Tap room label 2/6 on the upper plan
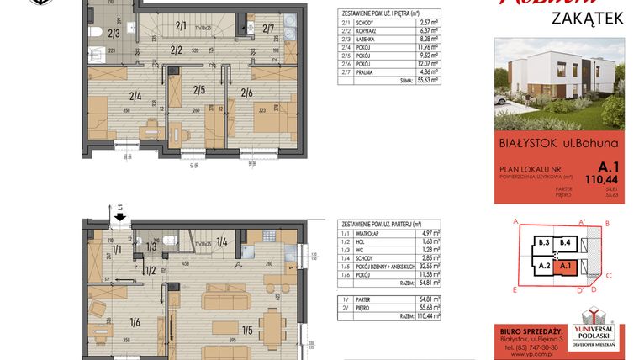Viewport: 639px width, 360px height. point(247,92)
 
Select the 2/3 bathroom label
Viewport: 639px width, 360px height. point(114,34)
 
